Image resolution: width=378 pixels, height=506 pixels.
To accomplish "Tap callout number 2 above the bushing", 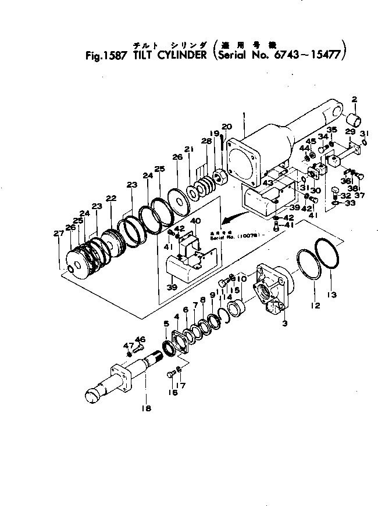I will tap(354, 99).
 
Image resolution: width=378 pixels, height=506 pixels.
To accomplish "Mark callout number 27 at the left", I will tap(57, 234).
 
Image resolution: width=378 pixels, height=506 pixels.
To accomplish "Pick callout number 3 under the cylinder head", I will tap(284, 323).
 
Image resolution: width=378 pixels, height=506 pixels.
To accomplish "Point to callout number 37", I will tap(359, 195).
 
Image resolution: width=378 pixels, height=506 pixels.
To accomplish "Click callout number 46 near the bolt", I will tap(140, 339).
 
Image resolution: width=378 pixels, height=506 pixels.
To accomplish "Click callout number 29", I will tap(350, 133).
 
